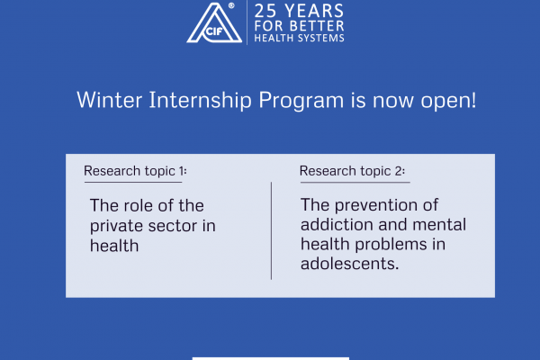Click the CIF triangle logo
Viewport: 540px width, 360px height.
point(214,22)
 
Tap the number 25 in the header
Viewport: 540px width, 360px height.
point(265,11)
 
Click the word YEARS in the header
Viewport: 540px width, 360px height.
point(314,11)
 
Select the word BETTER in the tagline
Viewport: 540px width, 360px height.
point(317,26)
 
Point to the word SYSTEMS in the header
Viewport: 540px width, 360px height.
point(321,38)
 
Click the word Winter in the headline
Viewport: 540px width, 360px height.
point(109,100)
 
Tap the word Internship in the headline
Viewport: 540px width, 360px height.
point(200,101)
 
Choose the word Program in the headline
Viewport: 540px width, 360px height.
point(301,101)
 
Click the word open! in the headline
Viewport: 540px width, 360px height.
point(448,101)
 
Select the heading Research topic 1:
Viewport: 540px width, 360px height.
point(135,171)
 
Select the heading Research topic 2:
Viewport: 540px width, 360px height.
point(352,171)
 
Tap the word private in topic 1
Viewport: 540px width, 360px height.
point(116,227)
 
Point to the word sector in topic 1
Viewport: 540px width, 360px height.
point(173,226)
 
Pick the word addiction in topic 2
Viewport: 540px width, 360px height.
point(337,225)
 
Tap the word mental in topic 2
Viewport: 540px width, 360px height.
point(439,225)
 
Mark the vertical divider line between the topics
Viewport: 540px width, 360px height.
point(272,230)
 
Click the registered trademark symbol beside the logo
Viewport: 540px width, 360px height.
point(231,5)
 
